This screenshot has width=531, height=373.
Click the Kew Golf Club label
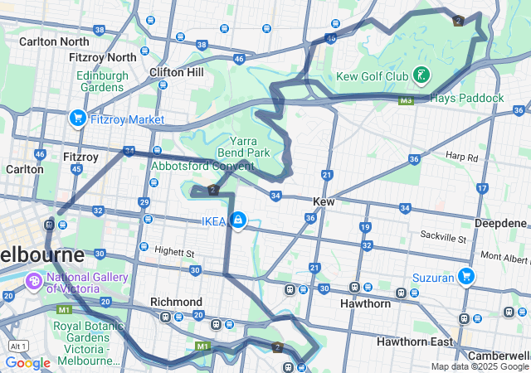tap(372, 77)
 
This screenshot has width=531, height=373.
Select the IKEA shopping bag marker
tap(237, 220)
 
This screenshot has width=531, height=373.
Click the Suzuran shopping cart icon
tap(466, 276)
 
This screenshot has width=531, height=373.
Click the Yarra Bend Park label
tap(243, 147)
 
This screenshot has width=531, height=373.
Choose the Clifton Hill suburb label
tap(177, 72)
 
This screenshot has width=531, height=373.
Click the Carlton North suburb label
tap(54, 41)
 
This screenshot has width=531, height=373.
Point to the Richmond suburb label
tap(176, 302)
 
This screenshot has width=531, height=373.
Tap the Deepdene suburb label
tap(500, 224)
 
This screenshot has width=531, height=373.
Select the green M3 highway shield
tap(405, 100)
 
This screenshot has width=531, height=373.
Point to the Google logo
tap(27, 362)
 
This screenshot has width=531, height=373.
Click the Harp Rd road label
tap(461, 157)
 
